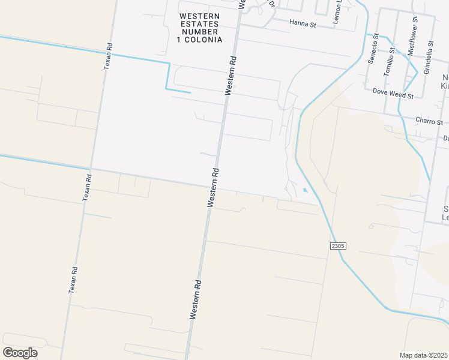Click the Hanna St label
[302, 23]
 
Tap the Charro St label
[429, 121]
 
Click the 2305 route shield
[338, 246]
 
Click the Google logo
[20, 353]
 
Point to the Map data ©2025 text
[423, 355]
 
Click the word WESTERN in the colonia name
[199, 16]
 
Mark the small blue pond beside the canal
[306, 191]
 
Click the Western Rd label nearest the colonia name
[231, 75]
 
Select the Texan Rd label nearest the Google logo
[73, 275]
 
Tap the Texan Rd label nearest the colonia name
[108, 55]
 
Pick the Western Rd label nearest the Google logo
[196, 298]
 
